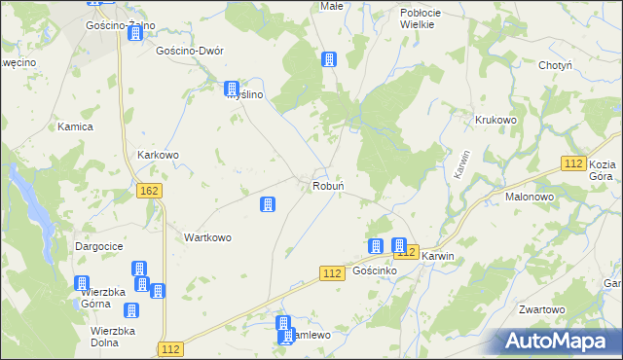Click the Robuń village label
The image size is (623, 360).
pyautogui.click(x=325, y=185)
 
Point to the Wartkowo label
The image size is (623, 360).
pyautogui.click(x=207, y=237)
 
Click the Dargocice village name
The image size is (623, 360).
pyautogui.click(x=99, y=247)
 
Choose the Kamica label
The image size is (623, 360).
pyautogui.click(x=75, y=126)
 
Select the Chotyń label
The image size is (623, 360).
pyautogui.click(x=559, y=65)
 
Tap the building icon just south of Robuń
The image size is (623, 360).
pyautogui.click(x=267, y=204)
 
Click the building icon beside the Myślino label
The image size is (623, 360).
pyautogui.click(x=231, y=89)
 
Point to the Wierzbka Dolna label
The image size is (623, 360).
pyautogui.click(x=113, y=337)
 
